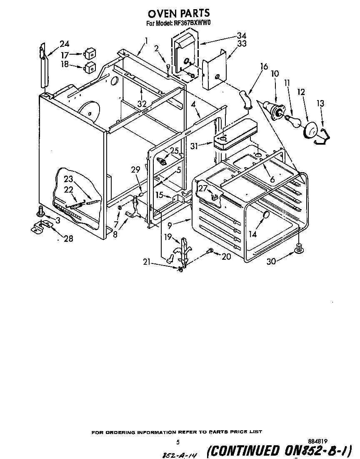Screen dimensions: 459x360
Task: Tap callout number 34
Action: click(x=242, y=35)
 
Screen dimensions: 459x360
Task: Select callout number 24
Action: click(x=64, y=44)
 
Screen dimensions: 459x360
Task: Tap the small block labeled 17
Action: click(x=90, y=54)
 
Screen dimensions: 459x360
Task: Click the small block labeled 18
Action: click(x=90, y=67)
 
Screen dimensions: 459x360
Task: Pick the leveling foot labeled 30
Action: click(x=298, y=249)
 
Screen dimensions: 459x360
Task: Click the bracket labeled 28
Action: click(x=42, y=227)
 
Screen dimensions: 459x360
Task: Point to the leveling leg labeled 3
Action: click(x=40, y=211)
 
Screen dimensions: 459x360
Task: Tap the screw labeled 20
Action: click(x=210, y=251)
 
